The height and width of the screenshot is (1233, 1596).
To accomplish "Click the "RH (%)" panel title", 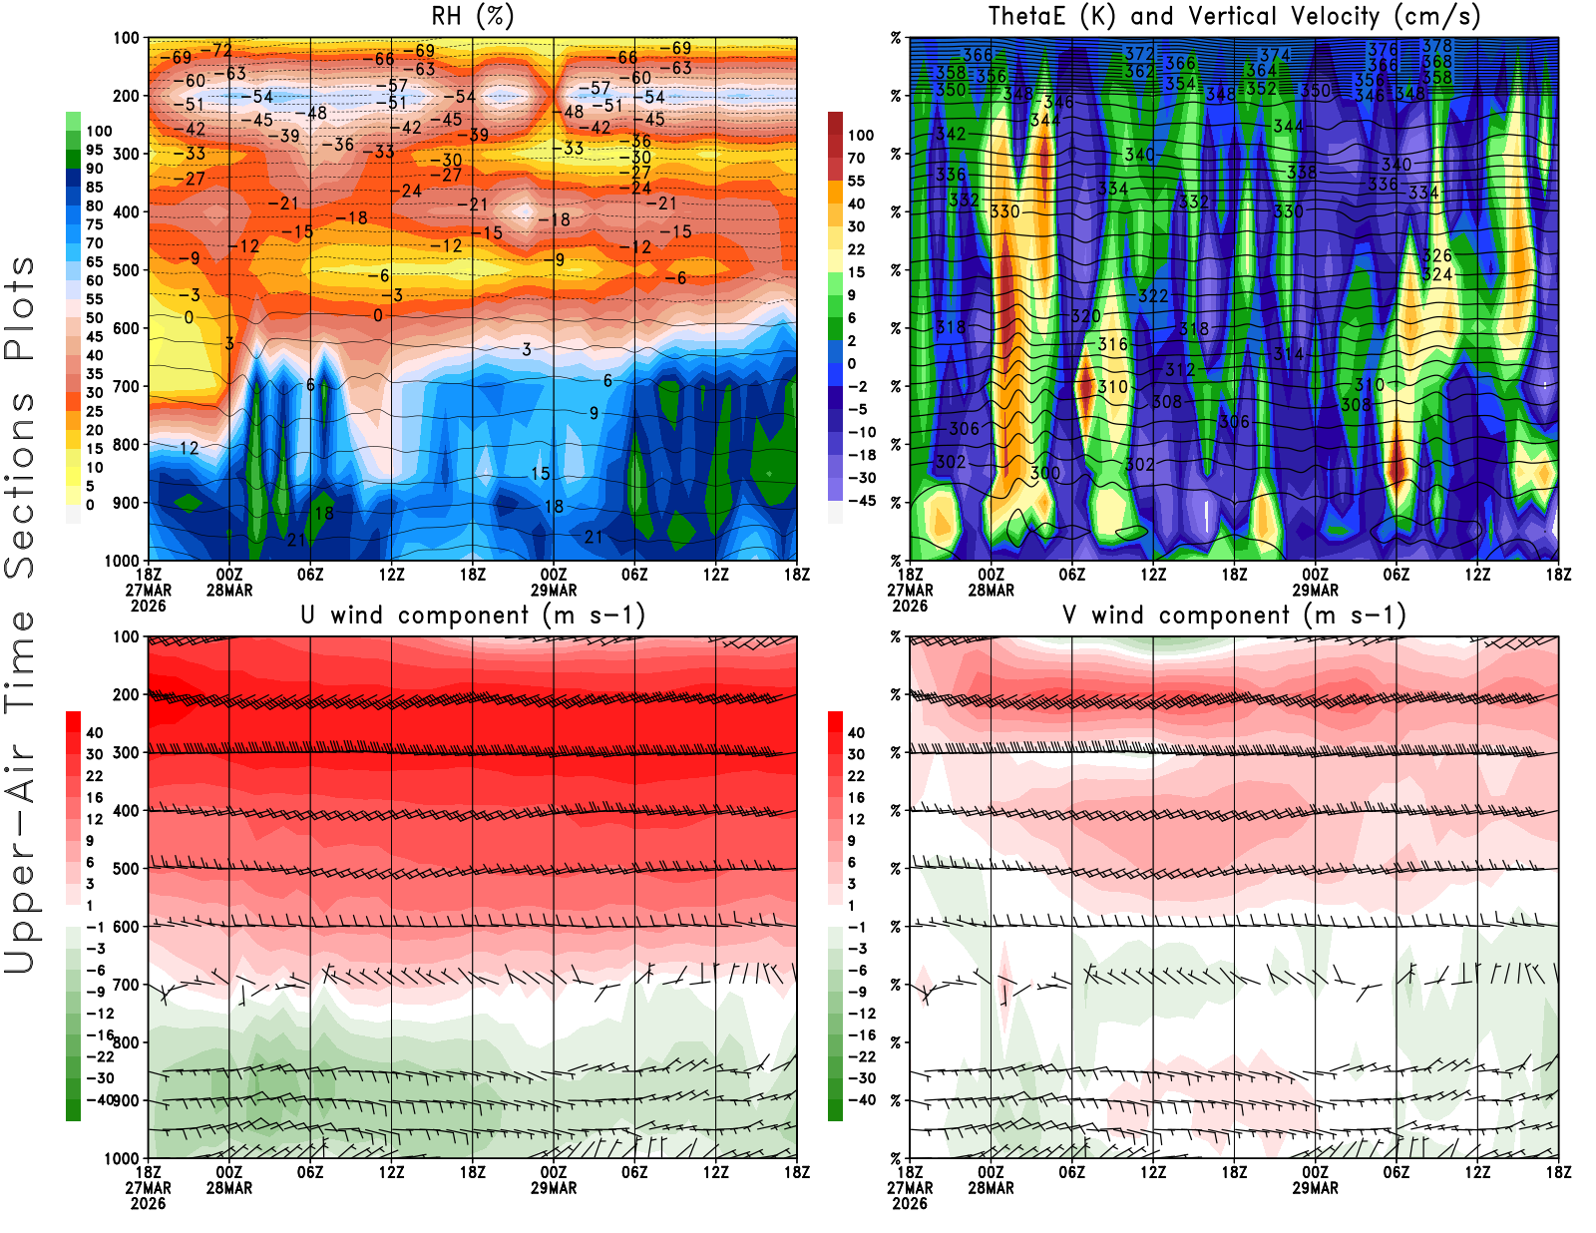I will pyautogui.click(x=472, y=17).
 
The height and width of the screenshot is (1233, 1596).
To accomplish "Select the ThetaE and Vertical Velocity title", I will pyautogui.click(x=1234, y=17).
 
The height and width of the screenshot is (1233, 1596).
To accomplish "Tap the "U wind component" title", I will pyautogui.click(x=472, y=616).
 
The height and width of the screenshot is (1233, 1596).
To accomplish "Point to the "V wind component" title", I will pyautogui.click(x=1234, y=616).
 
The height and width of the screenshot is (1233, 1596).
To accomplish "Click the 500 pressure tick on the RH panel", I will pyautogui.click(x=127, y=270).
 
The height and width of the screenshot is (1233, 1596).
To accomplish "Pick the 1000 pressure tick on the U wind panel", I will pyautogui.click(x=123, y=1159).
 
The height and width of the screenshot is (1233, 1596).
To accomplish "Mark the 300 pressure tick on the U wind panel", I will pyautogui.click(x=127, y=753).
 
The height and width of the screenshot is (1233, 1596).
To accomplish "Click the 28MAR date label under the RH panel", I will pyautogui.click(x=229, y=591).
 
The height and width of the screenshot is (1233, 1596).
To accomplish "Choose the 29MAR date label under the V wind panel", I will pyautogui.click(x=1315, y=1189).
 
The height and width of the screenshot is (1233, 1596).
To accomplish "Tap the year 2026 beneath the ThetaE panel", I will pyautogui.click(x=910, y=607).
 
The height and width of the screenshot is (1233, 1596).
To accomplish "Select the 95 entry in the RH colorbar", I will pyautogui.click(x=95, y=151).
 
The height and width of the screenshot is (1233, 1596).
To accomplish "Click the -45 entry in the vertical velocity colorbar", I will pyautogui.click(x=862, y=501).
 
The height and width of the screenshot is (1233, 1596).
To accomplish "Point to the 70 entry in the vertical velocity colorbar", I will pyautogui.click(x=856, y=158).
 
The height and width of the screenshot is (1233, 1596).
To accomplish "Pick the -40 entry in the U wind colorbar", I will pyautogui.click(x=100, y=1099).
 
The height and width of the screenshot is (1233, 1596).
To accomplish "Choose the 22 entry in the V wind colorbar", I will pyautogui.click(x=856, y=776).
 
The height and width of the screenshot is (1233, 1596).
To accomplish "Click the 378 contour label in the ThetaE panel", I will pyautogui.click(x=1437, y=46).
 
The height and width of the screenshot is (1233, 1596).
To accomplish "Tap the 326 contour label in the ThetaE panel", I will pyautogui.click(x=1437, y=256).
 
